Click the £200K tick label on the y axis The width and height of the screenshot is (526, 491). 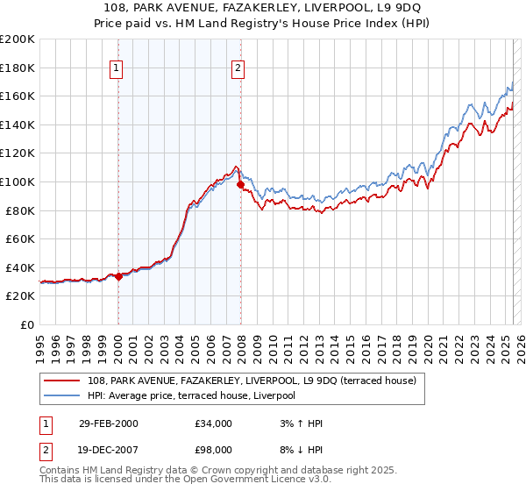point(18,39)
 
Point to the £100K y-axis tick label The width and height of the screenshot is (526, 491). point(18,181)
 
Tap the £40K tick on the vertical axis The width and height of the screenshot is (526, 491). point(21,267)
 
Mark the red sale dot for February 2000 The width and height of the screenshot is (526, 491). point(119,276)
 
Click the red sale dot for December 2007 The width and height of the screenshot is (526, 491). point(240,184)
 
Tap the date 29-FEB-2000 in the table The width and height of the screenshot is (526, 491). point(109,423)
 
